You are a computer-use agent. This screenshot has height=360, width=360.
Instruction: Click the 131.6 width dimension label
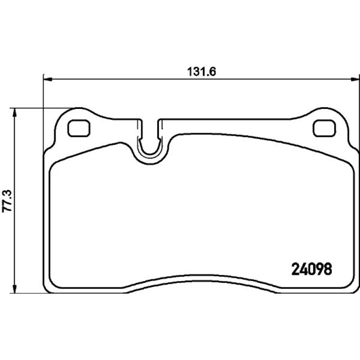(202, 72)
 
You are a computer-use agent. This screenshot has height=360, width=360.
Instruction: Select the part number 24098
(311, 269)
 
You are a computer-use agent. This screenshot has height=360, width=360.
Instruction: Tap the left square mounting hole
(79, 128)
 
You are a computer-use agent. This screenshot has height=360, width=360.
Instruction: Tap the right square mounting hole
(324, 128)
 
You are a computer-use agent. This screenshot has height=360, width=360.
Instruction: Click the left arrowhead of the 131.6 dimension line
(48, 79)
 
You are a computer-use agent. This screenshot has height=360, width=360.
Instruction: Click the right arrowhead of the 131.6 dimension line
(355, 79)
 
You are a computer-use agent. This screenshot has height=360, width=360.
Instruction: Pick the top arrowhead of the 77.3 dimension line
(14, 113)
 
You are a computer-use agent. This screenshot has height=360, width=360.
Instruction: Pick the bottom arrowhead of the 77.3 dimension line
(14, 288)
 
